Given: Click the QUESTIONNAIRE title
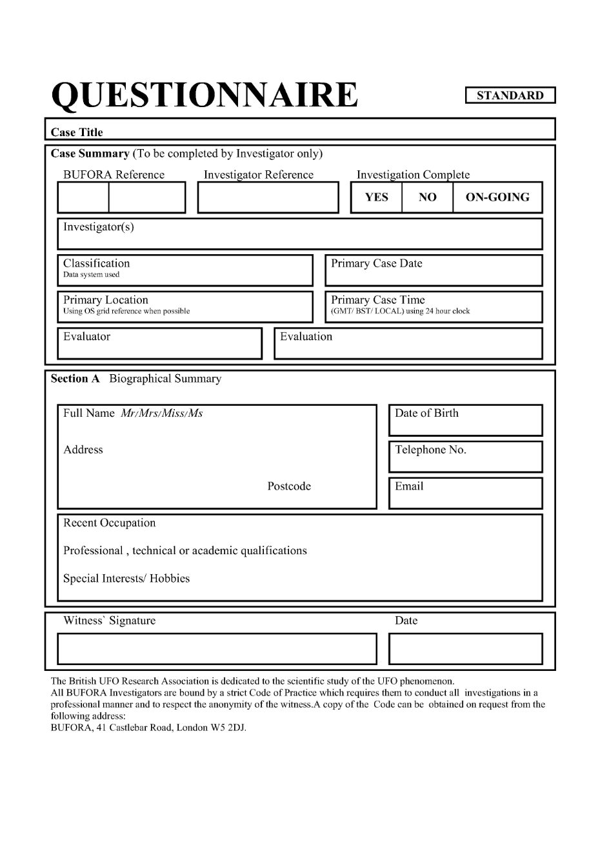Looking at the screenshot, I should pyautogui.click(x=204, y=95).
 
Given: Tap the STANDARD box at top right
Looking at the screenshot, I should pyautogui.click(x=510, y=95).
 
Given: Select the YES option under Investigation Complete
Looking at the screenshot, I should pyautogui.click(x=376, y=197).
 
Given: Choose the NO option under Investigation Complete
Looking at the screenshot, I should pyautogui.click(x=427, y=197).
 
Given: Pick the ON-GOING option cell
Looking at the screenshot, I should pyautogui.click(x=497, y=197).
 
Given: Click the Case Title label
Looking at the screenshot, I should pyautogui.click(x=77, y=132).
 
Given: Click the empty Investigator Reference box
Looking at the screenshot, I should pyautogui.click(x=268, y=197).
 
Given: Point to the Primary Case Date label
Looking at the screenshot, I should pyautogui.click(x=376, y=263).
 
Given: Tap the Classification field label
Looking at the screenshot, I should pyautogui.click(x=96, y=263).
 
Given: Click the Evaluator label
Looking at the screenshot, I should pyautogui.click(x=86, y=336).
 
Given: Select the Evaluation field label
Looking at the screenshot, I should pyautogui.click(x=306, y=336).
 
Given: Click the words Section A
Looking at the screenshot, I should pyautogui.click(x=75, y=379).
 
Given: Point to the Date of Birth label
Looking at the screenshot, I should pyautogui.click(x=426, y=413).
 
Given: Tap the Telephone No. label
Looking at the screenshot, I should pyautogui.click(x=430, y=450).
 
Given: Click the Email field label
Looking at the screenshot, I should pyautogui.click(x=409, y=486).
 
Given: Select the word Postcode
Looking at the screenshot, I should pyautogui.click(x=289, y=486).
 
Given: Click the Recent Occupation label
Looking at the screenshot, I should pyautogui.click(x=109, y=523).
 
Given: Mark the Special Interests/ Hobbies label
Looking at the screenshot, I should pyautogui.click(x=126, y=578).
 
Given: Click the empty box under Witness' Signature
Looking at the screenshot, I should pyautogui.click(x=217, y=649).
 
